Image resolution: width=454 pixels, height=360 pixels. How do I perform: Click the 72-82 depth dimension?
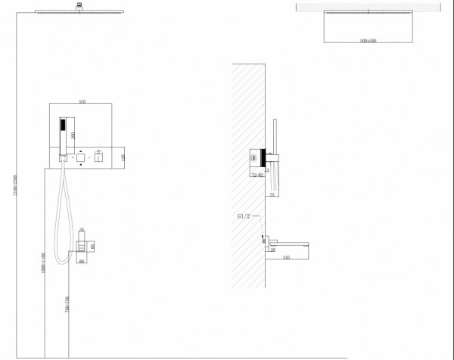(x=258, y=175)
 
